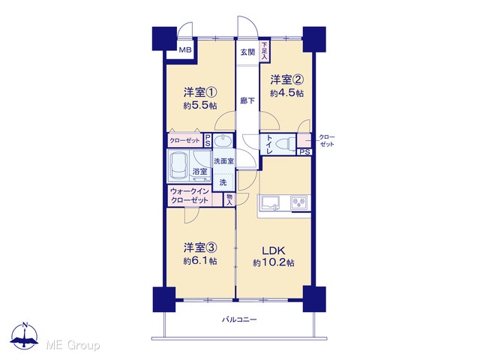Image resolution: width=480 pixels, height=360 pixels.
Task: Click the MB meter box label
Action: click(x=185, y=49)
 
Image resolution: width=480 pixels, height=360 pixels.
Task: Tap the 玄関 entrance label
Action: click(x=247, y=52)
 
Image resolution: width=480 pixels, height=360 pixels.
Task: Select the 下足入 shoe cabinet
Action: click(x=264, y=52)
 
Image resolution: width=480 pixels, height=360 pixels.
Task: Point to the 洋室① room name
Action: click(x=200, y=92)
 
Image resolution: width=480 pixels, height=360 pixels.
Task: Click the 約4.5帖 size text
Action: click(x=286, y=93)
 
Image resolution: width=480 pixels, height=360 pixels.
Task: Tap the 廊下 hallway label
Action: click(x=247, y=100)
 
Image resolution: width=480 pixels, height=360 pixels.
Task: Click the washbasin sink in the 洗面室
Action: click(x=223, y=141)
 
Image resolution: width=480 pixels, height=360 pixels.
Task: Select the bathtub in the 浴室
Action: click(x=179, y=166)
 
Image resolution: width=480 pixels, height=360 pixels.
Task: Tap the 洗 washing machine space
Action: click(x=223, y=182)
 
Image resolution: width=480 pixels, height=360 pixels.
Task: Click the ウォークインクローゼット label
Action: click(x=190, y=196)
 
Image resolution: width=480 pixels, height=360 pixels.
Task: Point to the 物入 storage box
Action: click(x=229, y=200)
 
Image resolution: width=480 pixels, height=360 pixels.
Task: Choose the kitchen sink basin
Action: click(x=270, y=203)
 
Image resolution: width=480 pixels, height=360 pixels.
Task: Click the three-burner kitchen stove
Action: click(x=299, y=202)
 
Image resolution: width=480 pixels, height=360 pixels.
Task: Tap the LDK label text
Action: click(x=273, y=250)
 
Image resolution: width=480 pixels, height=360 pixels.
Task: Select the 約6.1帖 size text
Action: click(x=200, y=261)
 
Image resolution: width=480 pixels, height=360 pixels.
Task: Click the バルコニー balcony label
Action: click(x=239, y=320)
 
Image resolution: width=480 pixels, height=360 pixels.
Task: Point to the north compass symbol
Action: click(x=25, y=335)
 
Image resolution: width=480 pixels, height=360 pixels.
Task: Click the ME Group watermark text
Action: click(x=73, y=345)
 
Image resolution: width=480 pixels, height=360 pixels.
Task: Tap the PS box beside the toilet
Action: click(x=304, y=152)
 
